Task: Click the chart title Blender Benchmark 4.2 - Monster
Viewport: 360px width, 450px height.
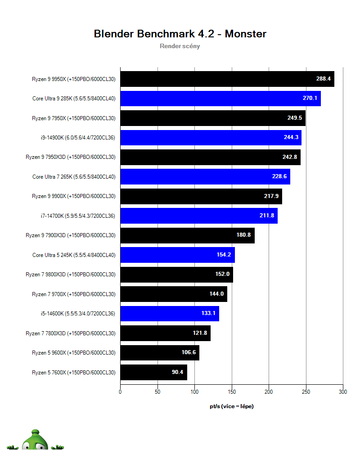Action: (x=180, y=34)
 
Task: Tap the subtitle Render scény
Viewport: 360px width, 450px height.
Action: (x=180, y=46)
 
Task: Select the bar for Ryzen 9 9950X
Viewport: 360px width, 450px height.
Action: (x=227, y=79)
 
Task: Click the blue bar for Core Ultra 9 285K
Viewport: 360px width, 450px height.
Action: (x=220, y=98)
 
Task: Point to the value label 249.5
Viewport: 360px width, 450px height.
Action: (x=295, y=118)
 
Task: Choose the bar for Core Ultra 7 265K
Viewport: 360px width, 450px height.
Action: (x=205, y=176)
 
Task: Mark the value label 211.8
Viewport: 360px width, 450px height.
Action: (x=267, y=216)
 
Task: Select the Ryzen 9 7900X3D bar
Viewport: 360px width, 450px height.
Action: (x=187, y=235)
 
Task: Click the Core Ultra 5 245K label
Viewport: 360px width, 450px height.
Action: (x=74, y=255)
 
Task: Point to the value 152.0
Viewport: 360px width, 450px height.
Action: (x=222, y=274)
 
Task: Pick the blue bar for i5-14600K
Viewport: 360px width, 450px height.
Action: (x=169, y=314)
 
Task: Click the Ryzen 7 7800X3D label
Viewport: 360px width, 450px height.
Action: (x=71, y=333)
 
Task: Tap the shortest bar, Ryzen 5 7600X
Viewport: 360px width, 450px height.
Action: (x=153, y=373)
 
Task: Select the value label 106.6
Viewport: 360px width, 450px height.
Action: (x=189, y=352)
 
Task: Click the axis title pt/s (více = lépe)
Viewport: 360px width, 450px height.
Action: (x=231, y=406)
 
